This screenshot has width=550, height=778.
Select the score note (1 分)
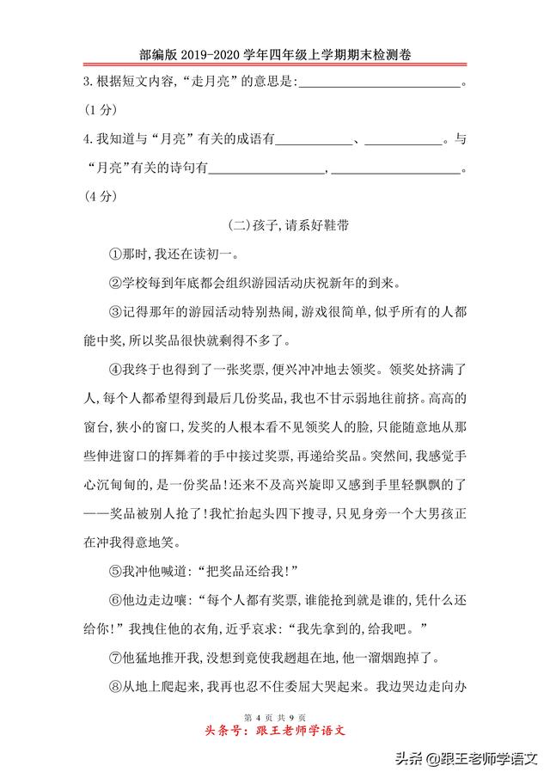[x=100, y=110]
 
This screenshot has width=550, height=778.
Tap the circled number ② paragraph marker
[x=114, y=283]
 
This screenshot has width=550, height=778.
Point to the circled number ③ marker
[x=114, y=311]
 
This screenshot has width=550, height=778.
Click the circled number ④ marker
[x=114, y=370]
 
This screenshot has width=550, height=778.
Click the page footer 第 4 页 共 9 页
[x=274, y=717]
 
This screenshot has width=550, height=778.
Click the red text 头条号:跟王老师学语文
[x=274, y=732]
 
